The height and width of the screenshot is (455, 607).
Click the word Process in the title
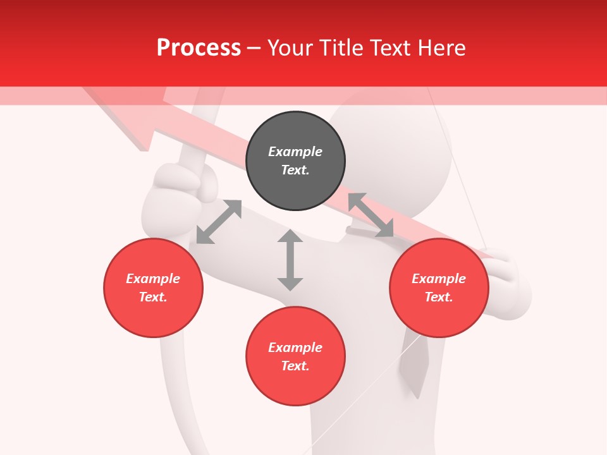coord(199,48)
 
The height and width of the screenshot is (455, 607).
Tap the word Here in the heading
coord(441,48)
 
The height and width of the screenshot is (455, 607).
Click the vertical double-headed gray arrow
coord(290,260)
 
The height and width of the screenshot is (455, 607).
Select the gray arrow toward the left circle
coord(219,222)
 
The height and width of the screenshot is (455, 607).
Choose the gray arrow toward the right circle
coord(371,215)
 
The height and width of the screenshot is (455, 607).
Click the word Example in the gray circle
coord(295,152)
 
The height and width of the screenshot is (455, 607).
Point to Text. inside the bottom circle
coord(295,366)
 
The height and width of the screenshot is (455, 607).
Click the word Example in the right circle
coord(439,279)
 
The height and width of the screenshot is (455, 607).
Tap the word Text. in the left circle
coord(153,297)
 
